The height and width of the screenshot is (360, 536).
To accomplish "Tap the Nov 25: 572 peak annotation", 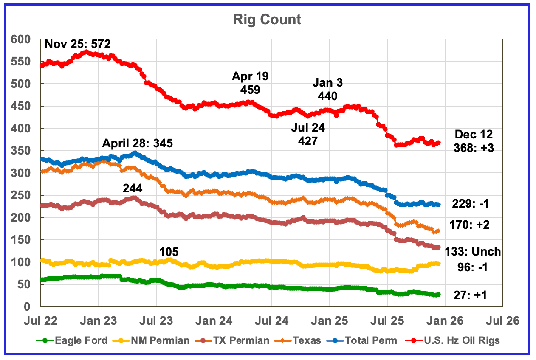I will point(80,44).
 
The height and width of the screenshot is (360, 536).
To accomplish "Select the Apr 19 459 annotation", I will point(250,83).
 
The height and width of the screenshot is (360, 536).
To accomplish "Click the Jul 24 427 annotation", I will point(307,133).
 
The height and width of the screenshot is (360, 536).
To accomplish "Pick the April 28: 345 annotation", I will point(137,143).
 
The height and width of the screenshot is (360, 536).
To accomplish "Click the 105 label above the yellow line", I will point(169,252).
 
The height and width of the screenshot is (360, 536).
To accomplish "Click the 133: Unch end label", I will point(472,252).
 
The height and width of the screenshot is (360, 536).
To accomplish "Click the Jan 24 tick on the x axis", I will point(214,321).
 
